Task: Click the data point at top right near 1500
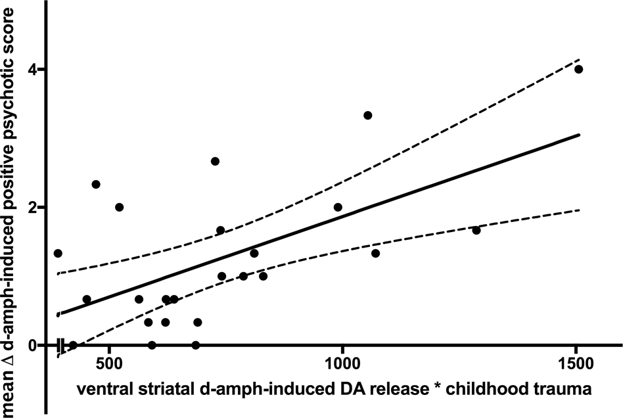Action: click(x=578, y=69)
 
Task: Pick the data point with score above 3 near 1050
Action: click(x=367, y=115)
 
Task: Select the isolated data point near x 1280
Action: click(x=476, y=230)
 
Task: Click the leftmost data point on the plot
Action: click(x=58, y=253)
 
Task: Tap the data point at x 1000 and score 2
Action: click(x=338, y=207)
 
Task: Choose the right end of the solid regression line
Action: click(x=580, y=134)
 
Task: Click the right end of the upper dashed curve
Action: click(x=580, y=58)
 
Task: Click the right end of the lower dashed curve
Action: click(x=580, y=210)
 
